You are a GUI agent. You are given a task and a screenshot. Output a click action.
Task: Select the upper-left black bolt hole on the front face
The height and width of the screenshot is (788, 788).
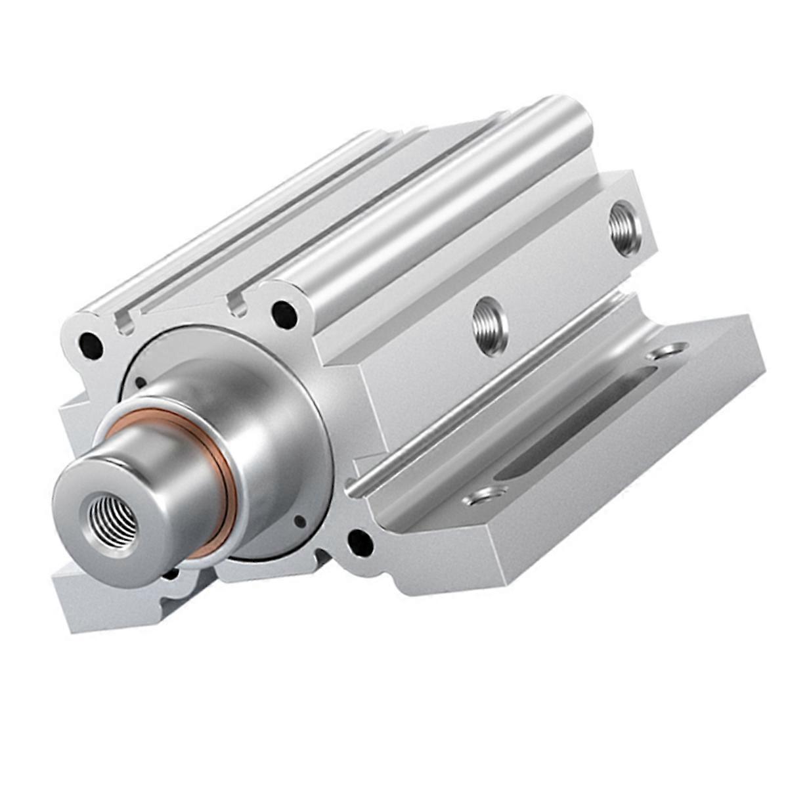90,345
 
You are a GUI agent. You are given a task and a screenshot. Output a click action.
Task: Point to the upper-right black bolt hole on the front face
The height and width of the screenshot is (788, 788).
284,314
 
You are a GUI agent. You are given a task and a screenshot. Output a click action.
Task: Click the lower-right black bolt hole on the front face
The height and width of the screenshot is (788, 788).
360,542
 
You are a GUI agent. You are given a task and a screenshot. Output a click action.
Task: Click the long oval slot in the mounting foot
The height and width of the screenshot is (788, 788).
578,421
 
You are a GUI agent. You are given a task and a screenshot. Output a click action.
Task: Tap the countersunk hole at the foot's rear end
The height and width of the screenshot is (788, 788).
667,351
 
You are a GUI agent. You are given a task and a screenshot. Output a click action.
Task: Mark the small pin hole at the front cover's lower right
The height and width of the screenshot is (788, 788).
299,521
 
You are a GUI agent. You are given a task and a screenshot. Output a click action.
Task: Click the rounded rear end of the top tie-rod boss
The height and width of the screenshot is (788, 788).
571,121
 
